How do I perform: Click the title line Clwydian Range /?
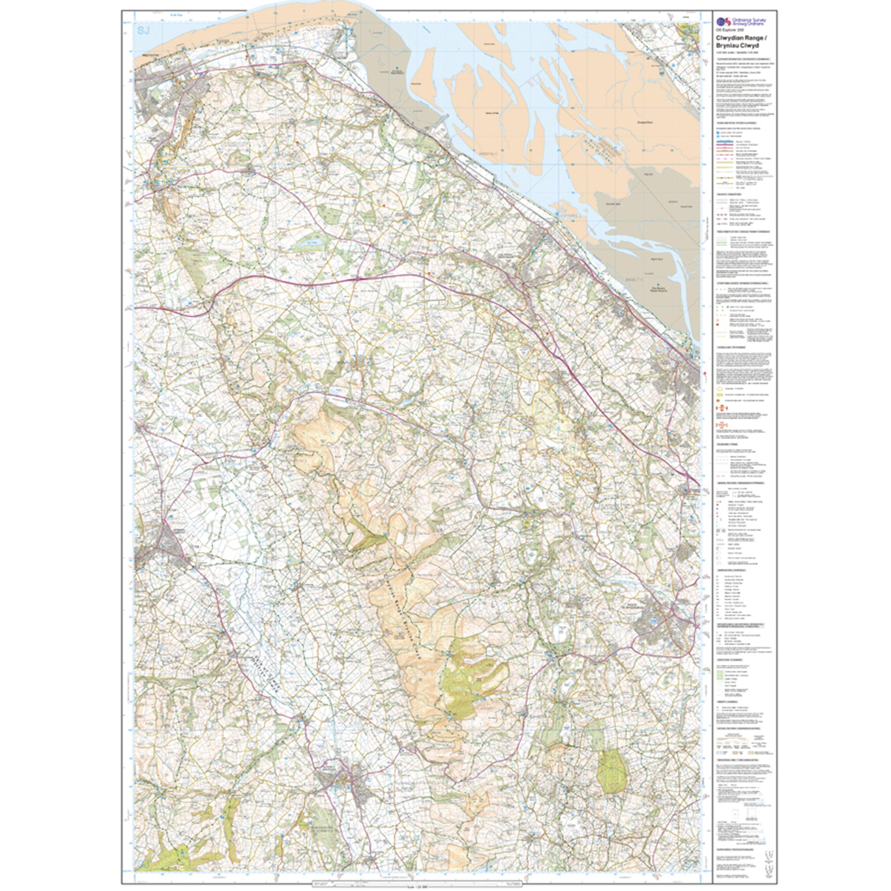tap(737, 38)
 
